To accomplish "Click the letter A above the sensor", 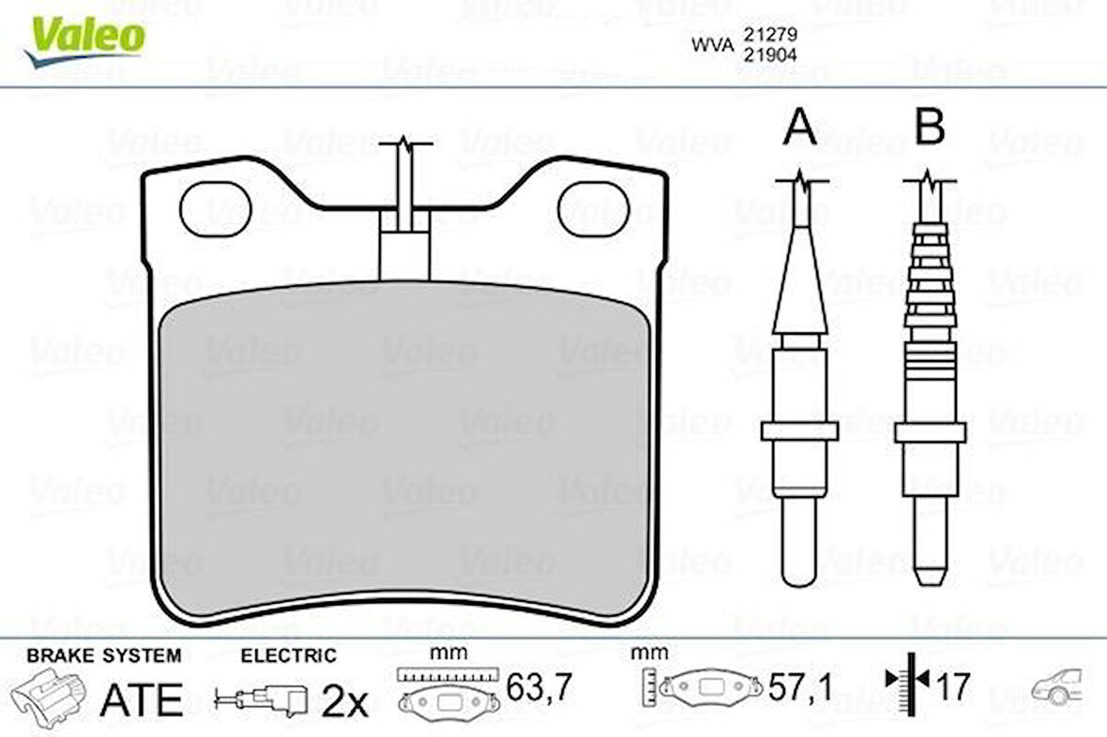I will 799,128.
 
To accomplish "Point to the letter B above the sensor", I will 929,128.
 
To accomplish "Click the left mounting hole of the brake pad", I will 215,208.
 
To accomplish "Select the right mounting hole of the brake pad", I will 593,208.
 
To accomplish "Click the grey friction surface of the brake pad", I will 403,450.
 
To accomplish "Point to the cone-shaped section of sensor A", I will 799,277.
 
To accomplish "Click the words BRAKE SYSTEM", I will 103,655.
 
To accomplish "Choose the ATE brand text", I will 141,699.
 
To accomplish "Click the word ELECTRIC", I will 288,655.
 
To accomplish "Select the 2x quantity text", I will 345,700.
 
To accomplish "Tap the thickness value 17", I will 952,687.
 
